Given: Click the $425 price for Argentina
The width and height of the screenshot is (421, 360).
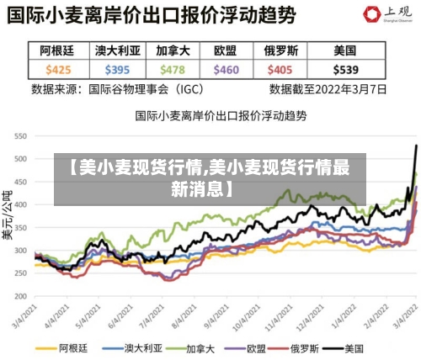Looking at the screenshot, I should (58, 70).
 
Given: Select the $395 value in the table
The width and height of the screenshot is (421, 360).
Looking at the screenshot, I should (118, 70).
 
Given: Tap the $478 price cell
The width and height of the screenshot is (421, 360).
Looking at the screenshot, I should (172, 70).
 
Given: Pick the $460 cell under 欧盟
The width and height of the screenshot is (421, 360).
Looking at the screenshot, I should (226, 70).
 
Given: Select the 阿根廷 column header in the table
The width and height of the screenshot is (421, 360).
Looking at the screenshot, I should (58, 51).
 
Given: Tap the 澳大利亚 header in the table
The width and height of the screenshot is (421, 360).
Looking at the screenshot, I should (118, 51).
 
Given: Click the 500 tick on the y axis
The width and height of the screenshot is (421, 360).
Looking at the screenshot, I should (20, 158).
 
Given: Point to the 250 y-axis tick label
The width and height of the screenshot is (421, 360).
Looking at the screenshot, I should (20, 250).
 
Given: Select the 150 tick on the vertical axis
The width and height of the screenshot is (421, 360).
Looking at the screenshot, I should (20, 286).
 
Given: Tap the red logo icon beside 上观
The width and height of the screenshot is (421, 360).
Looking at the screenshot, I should (370, 13).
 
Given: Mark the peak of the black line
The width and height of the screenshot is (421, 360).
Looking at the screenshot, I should (416, 146).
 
